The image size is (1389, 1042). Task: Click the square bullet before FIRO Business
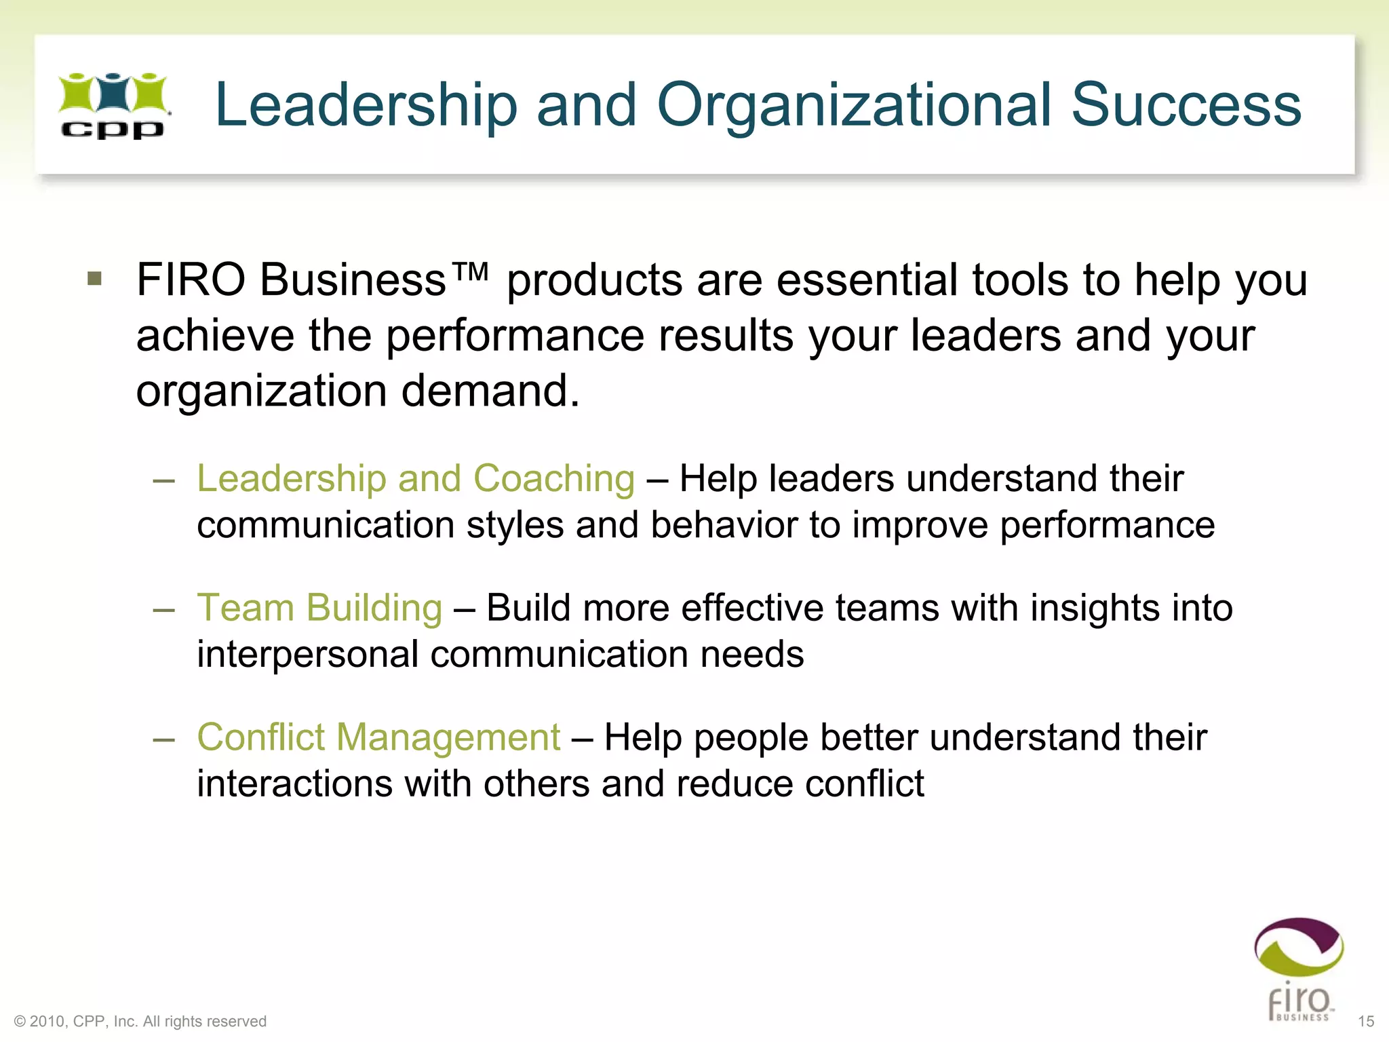[95, 279]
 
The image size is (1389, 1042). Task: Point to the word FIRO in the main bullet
[191, 279]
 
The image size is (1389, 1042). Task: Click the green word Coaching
[553, 479]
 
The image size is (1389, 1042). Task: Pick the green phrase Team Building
[319, 608]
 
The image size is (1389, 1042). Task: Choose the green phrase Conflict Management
[378, 737]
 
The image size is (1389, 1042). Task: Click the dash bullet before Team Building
[164, 609]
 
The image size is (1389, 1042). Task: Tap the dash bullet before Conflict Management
[164, 739]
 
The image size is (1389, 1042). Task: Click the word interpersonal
[307, 655]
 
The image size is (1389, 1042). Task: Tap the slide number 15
[1366, 1021]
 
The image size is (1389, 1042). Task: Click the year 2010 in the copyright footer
[47, 1021]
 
